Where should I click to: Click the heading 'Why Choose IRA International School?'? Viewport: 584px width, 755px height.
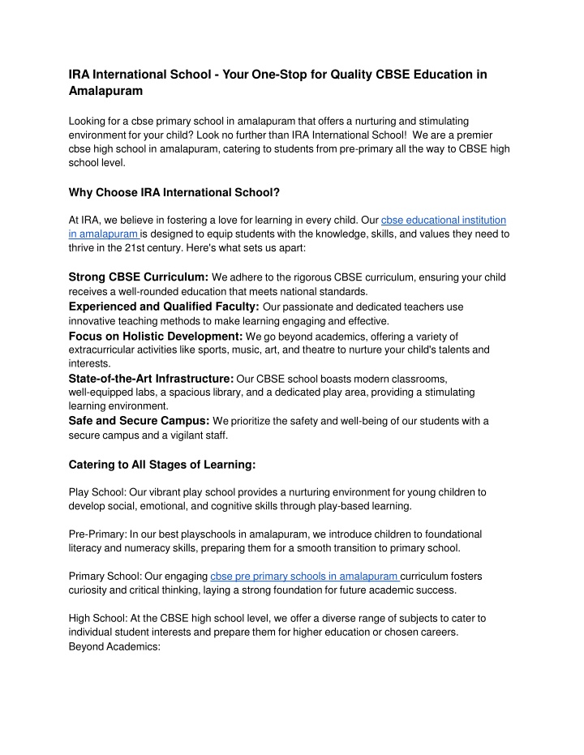coord(174,192)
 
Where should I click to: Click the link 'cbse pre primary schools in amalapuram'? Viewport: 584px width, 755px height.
coord(304,576)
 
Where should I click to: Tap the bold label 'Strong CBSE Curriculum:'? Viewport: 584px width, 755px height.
coord(139,277)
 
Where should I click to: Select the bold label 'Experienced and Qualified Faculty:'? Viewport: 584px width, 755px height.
coord(164,307)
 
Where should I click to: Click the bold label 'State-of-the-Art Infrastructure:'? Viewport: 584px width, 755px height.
coord(152,377)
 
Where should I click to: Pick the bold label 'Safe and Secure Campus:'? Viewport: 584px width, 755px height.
coord(140,420)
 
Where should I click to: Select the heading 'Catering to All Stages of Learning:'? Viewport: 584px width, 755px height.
coord(162,465)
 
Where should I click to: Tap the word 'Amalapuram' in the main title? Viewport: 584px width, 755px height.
coord(105,92)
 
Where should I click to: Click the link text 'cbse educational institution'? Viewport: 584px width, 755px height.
coord(444,220)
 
